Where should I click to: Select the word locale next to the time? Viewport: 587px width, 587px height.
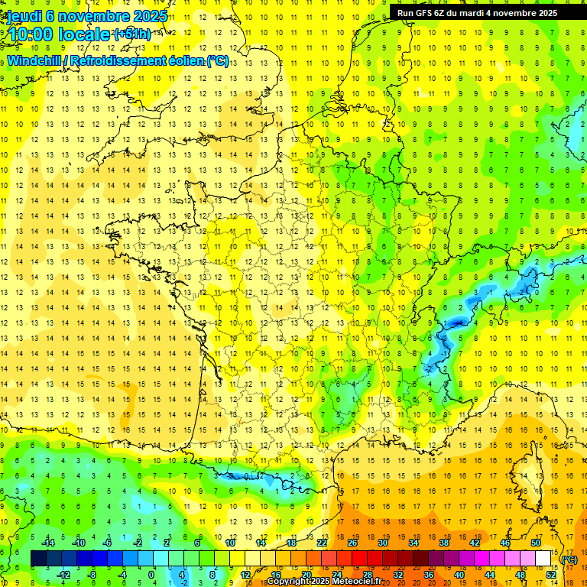coord(86,34)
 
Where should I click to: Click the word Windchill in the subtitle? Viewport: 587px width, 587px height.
coord(37,60)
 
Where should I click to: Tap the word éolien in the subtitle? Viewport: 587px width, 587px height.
coord(185,60)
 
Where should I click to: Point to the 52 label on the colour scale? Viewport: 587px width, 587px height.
coord(551,575)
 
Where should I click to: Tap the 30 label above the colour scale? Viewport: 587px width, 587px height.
coord(382,543)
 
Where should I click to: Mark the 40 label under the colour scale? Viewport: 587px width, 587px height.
coord(459,575)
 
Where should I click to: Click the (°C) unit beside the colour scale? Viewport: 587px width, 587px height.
coord(569,559)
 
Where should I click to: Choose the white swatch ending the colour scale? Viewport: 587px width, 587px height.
coord(543,559)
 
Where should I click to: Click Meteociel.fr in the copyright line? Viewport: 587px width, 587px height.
coord(356,582)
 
